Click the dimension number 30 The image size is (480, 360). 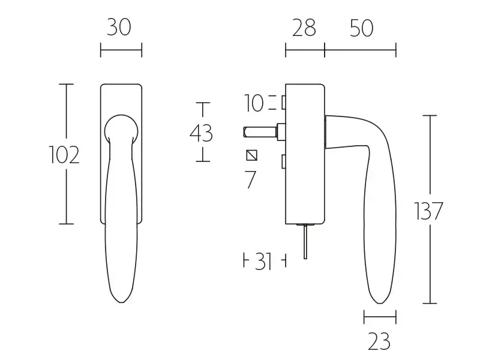click(x=119, y=27)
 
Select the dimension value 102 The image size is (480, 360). click(x=64, y=155)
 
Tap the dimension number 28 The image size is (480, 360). click(x=304, y=28)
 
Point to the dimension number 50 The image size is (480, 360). click(x=362, y=28)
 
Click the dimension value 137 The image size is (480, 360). click(x=428, y=211)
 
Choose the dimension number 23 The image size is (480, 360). click(x=379, y=341)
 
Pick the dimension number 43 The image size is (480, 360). click(x=201, y=133)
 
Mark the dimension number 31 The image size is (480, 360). click(x=263, y=262)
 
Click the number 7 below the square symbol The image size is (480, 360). click(x=250, y=179)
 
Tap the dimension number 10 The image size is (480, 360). click(x=254, y=103)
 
